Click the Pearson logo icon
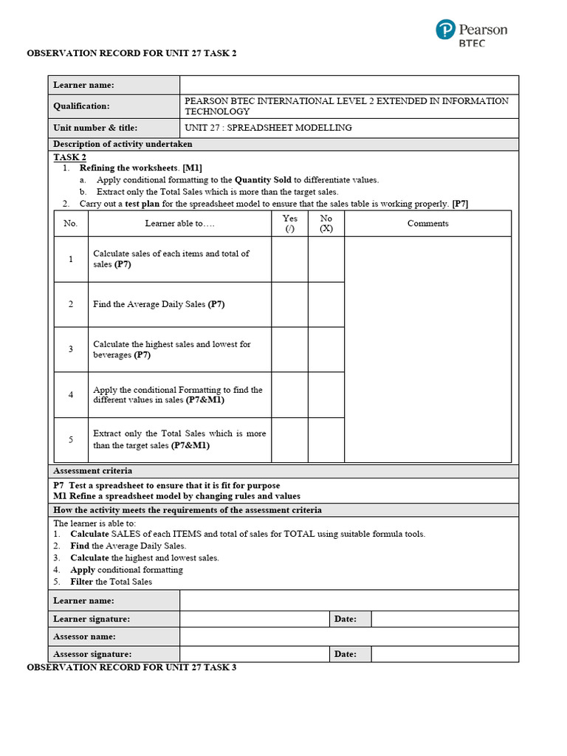point(445,30)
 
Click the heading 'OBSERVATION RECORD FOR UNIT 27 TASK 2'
point(131,54)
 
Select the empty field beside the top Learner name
point(348,86)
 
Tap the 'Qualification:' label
point(81,106)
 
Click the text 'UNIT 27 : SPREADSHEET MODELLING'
point(268,128)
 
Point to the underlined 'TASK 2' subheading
point(69,157)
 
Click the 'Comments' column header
point(427,224)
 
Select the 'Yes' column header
point(289,223)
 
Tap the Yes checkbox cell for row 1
point(289,259)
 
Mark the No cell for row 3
point(326,349)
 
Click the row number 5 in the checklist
point(71,440)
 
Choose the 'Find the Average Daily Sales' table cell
point(179,304)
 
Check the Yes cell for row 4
point(289,395)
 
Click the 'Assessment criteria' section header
point(93,471)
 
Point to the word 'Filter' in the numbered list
point(82,582)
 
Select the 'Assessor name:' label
point(84,636)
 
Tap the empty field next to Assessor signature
point(255,654)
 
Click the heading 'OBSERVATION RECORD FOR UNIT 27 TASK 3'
point(131,667)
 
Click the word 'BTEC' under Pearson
point(472,43)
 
